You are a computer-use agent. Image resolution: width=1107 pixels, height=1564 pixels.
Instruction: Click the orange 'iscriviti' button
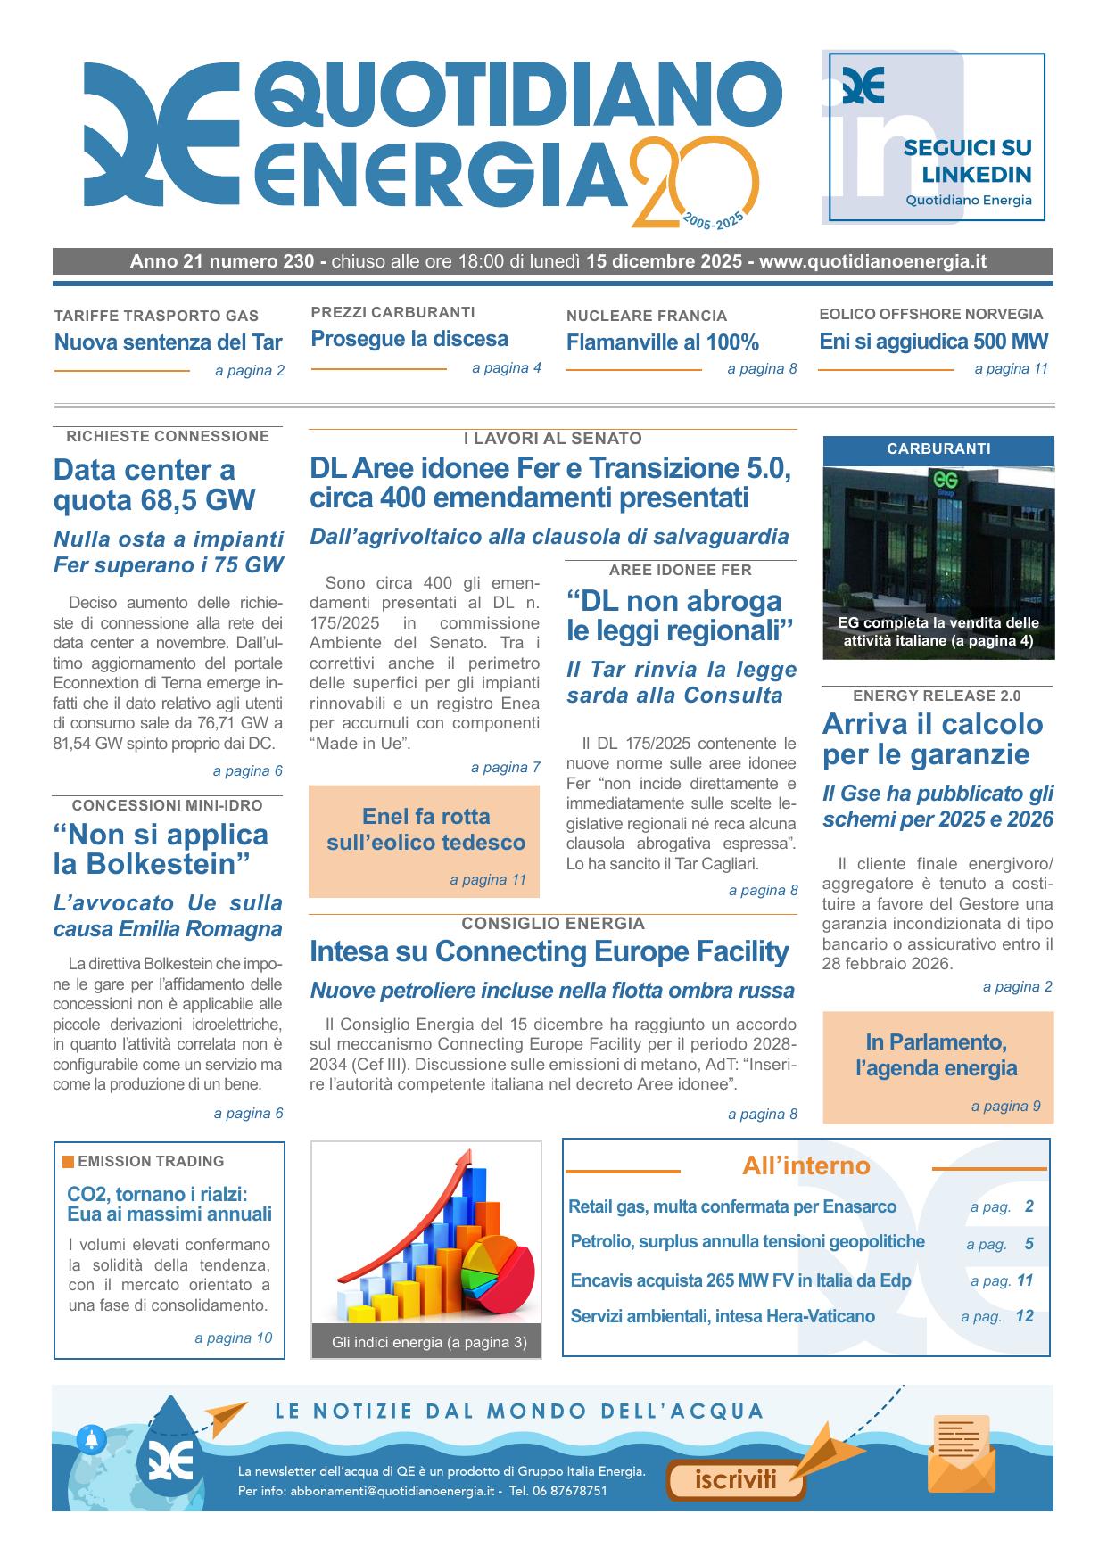(x=736, y=1480)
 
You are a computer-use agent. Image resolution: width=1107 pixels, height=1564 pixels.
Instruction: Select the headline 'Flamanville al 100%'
(x=662, y=342)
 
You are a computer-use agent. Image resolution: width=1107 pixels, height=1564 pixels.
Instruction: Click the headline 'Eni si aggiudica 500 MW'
(x=933, y=341)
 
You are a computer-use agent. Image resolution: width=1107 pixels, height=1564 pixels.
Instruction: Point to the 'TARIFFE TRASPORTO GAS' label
(x=156, y=316)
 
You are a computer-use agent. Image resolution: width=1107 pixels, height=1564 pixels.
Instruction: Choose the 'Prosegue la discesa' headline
(x=409, y=339)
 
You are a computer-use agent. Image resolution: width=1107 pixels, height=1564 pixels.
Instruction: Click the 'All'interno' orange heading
(x=805, y=1165)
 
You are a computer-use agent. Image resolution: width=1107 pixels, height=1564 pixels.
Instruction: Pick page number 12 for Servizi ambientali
(x=1024, y=1315)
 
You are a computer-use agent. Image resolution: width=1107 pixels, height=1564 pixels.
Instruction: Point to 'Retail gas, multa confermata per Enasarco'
(x=732, y=1206)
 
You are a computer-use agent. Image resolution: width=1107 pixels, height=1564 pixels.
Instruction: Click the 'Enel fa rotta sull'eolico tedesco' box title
(x=425, y=829)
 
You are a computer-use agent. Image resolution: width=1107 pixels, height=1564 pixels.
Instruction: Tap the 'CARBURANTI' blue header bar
(x=938, y=449)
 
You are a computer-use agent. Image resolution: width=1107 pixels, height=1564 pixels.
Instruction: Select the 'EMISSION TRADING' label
(x=150, y=1161)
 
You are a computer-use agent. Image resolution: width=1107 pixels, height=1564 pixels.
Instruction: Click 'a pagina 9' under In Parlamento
(x=1005, y=1106)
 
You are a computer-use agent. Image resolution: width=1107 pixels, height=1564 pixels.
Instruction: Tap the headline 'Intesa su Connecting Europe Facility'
(x=549, y=951)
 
